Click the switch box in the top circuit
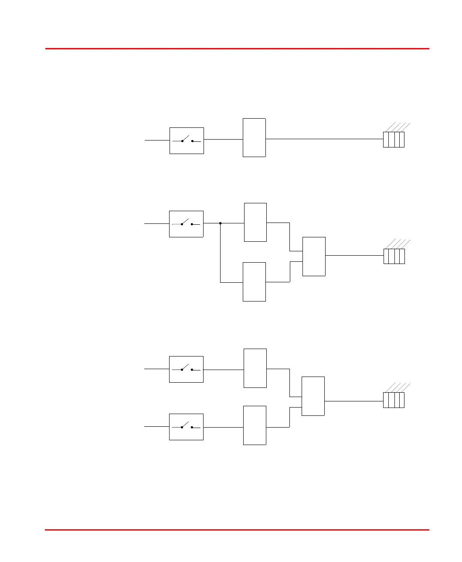187,140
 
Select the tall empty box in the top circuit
254,137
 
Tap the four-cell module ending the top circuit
394,139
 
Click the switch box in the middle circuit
186,224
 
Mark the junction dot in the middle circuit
221,223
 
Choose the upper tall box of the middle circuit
255,222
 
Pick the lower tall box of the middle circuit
254,282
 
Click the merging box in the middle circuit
314,257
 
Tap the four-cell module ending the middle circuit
394,256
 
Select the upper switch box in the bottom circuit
186,369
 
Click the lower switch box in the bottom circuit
186,427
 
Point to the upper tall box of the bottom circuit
255,368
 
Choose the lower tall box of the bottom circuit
255,425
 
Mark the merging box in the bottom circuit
313,396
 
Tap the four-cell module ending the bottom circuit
394,400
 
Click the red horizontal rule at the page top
237,48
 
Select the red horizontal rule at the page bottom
237,530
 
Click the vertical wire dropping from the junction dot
221,253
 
